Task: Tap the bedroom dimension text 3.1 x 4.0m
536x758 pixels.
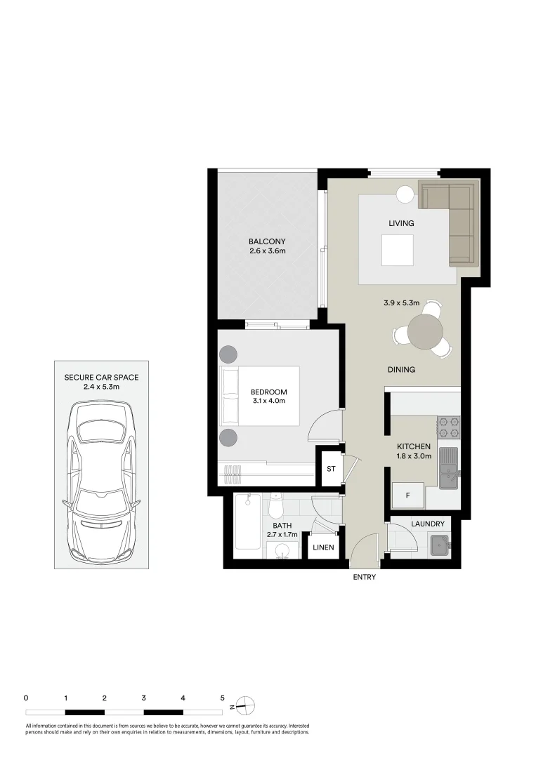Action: (269, 401)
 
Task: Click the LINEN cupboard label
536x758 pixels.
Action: (323, 547)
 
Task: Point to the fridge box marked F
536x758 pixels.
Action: (407, 496)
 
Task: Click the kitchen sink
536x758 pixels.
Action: (448, 467)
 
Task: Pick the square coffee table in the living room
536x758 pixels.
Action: (397, 250)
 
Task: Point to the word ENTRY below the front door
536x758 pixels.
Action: (365, 578)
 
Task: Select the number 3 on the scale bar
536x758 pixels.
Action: (143, 698)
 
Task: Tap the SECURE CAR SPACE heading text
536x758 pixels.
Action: (101, 378)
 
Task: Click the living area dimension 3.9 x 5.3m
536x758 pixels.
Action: (401, 303)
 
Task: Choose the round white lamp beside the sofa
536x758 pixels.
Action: (405, 194)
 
